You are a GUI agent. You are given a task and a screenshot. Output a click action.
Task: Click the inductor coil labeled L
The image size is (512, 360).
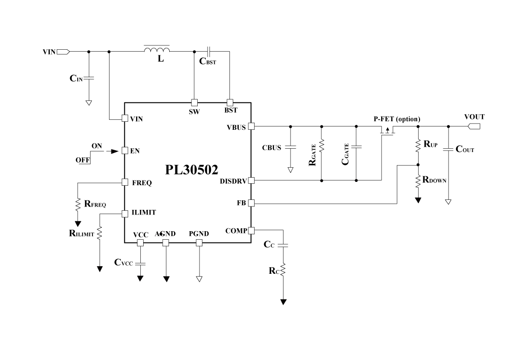(157, 50)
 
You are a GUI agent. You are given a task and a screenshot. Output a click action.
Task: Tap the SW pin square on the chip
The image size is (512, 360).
(194, 102)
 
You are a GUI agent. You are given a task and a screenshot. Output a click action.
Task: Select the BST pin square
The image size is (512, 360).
(230, 102)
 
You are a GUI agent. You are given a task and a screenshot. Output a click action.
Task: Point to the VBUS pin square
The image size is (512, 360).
(251, 126)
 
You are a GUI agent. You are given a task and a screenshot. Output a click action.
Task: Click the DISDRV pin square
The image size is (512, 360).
(251, 180)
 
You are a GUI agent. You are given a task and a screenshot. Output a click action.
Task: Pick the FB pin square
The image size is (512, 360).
(251, 203)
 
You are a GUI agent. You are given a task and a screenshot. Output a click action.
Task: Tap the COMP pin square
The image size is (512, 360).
(251, 231)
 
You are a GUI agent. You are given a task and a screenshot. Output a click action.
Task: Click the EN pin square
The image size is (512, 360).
(125, 151)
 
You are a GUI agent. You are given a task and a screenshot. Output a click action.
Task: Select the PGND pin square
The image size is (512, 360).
(199, 243)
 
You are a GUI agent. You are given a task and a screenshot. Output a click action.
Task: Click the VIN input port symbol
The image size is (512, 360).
(64, 51)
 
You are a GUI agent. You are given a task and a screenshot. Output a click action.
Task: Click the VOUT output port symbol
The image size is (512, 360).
(474, 126)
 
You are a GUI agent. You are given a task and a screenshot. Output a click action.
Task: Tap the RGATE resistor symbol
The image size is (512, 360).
(322, 145)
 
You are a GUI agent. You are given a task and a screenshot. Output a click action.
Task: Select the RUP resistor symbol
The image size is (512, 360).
(418, 145)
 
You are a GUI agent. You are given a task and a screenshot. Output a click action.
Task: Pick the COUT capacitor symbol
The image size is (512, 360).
(448, 149)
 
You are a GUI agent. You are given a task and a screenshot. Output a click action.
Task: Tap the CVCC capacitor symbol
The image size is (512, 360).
(140, 262)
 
